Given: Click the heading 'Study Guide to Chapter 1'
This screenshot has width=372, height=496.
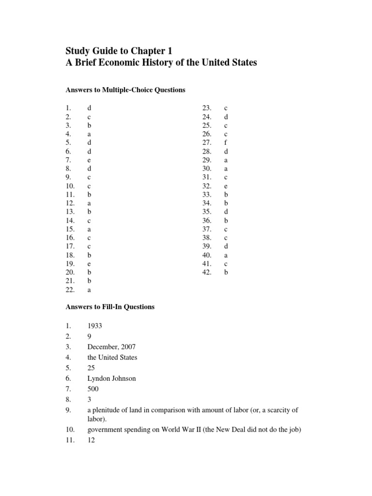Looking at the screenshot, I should pyautogui.click(x=119, y=51).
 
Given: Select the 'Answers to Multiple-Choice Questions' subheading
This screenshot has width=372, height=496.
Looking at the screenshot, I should pyautogui.click(x=125, y=90).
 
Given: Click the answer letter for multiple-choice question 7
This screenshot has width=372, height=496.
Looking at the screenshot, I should pyautogui.click(x=89, y=160).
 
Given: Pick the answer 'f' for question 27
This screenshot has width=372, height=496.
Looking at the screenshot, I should pyautogui.click(x=226, y=143).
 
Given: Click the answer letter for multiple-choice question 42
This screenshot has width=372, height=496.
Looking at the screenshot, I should pyautogui.click(x=226, y=273).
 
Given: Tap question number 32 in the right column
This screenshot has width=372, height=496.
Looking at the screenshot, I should pyautogui.click(x=207, y=186).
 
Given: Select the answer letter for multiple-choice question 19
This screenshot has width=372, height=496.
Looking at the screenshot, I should pyautogui.click(x=89, y=264).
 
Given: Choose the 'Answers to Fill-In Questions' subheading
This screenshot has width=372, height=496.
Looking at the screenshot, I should pyautogui.click(x=110, y=307).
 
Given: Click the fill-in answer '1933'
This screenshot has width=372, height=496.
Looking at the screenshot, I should pyautogui.click(x=94, y=326).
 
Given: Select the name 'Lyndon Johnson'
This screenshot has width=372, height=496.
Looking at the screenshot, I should pyautogui.click(x=111, y=378).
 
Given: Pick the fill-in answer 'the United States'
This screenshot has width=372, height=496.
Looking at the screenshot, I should pyautogui.click(x=112, y=357).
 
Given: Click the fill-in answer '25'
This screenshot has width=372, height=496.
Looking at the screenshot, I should pyautogui.click(x=91, y=368).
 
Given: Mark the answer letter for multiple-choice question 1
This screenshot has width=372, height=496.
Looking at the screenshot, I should pyautogui.click(x=89, y=108).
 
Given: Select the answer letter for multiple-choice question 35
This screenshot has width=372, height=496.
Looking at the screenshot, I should pyautogui.click(x=226, y=212).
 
